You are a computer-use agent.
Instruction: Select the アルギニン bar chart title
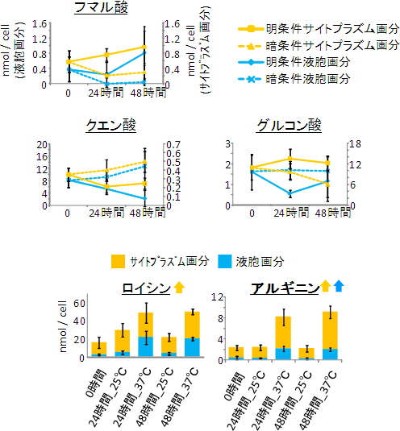click(x=280, y=288)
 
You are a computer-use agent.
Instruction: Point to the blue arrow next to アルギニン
click(x=339, y=286)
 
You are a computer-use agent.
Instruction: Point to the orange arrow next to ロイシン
click(x=178, y=286)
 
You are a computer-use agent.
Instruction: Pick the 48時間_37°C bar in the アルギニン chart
click(x=330, y=335)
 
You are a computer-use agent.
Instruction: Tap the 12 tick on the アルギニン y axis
click(x=217, y=297)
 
